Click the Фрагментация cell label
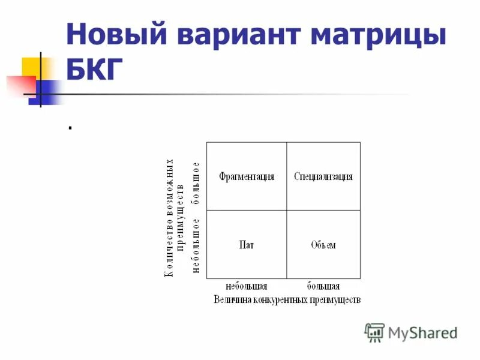click(x=247, y=176)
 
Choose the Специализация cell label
click(x=323, y=176)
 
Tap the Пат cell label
click(x=246, y=245)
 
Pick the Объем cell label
click(x=323, y=245)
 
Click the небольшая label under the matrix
click(x=246, y=286)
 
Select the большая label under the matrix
click(x=323, y=286)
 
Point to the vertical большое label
click(x=196, y=182)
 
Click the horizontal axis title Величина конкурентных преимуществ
click(x=287, y=299)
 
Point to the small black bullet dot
click(x=70, y=127)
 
